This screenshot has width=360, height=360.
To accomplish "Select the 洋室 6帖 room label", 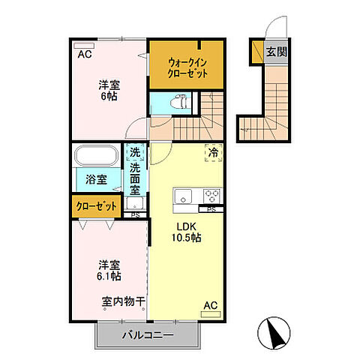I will [x=109, y=90].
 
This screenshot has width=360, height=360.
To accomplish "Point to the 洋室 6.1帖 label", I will [x=109, y=270].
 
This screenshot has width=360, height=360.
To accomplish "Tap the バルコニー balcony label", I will [x=148, y=334].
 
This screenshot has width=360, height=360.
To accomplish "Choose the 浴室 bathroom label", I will [x=95, y=180].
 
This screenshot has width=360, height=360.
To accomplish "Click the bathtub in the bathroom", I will [x=95, y=157].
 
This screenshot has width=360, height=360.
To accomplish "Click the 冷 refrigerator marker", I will [x=213, y=152].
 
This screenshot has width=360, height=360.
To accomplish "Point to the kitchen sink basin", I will [x=184, y=196].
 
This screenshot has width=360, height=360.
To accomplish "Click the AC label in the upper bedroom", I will [x=84, y=54].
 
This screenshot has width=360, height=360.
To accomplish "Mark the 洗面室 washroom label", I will [x=136, y=180].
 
